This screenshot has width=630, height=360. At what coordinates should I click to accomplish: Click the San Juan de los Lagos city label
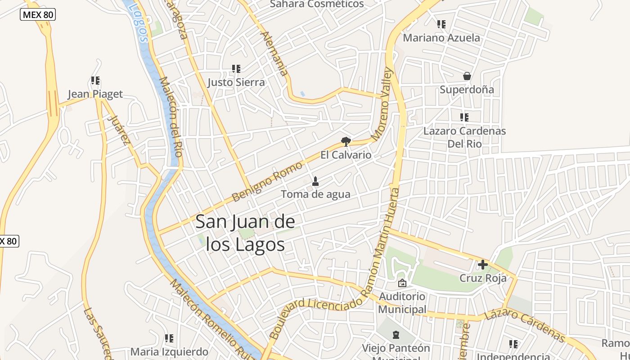pos(246,233)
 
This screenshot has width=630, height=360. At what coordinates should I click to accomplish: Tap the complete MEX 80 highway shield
pos(38,15)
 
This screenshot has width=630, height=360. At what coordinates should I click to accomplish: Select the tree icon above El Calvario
pos(346,142)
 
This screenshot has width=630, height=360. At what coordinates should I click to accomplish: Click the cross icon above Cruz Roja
pos(483,265)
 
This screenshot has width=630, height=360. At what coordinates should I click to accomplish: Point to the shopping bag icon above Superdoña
pos(467,76)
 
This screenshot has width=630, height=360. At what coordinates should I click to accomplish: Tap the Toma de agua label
pos(315,194)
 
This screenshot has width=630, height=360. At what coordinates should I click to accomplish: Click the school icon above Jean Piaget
pos(95,81)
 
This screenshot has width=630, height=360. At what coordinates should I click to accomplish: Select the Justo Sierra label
pos(236,82)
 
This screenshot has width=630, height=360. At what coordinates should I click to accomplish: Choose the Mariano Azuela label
pos(441,38)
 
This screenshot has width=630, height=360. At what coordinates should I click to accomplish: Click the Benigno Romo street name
pos(267,181)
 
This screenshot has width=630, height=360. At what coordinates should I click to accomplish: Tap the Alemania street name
pos(274,53)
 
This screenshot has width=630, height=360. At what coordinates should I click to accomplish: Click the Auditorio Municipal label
pos(402,303)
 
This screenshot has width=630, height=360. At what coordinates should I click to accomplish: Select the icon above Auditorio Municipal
pos(402,283)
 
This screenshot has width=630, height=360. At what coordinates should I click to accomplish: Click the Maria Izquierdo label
pos(169,352)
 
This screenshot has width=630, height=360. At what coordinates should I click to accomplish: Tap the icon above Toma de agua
pos(315,181)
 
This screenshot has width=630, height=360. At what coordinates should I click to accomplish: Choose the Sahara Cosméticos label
pos(317,4)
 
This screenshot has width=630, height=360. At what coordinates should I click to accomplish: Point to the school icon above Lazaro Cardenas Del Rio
pos(464,117)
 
